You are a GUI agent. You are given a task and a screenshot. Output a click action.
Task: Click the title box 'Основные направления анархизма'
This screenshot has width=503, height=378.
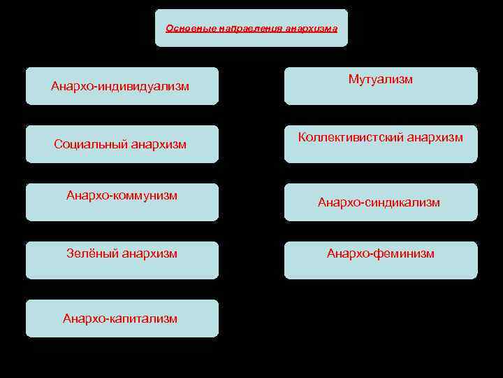point(251,28)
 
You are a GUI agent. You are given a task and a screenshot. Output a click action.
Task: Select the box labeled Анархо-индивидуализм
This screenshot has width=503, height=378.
point(122,86)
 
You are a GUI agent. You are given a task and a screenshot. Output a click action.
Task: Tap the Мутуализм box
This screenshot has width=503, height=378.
point(381,86)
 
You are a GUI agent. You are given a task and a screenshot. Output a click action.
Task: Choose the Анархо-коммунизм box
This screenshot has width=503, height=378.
point(122,202)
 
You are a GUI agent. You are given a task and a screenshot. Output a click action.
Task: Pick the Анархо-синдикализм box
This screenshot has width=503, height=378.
point(381,202)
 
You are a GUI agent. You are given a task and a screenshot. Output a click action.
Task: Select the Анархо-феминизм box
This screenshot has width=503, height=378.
point(381,260)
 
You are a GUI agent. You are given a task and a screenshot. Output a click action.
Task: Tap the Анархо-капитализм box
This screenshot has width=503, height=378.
point(122,318)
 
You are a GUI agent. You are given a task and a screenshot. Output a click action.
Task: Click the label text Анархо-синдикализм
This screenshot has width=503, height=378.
point(379,202)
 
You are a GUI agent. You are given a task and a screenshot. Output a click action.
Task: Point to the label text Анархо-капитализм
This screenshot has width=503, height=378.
point(120,318)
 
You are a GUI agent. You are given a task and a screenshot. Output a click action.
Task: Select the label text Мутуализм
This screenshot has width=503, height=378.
point(381,79)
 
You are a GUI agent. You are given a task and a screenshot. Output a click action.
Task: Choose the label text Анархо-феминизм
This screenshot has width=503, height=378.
point(381,253)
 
